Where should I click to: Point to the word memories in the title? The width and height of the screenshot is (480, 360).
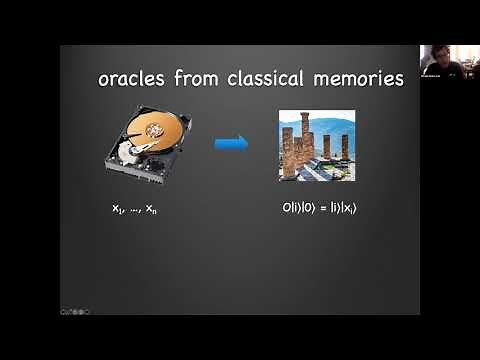click(x=357, y=78)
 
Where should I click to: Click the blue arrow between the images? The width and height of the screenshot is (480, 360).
click(x=231, y=144)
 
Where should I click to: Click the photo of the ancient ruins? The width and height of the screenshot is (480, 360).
click(x=316, y=145)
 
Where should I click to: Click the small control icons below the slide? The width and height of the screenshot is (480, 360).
click(x=73, y=311)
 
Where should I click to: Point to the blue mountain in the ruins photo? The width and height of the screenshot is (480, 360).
click(x=336, y=126)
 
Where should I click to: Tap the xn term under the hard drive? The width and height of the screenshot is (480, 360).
click(x=152, y=208)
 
